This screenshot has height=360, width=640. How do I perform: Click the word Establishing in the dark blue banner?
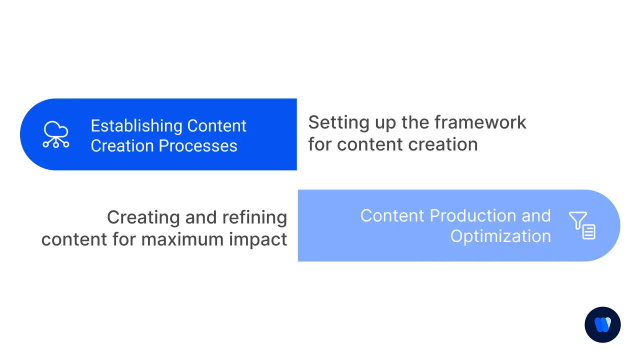pos(135,126)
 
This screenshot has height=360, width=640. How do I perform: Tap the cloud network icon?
pos(56,134)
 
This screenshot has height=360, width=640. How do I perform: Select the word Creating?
pos(143,218)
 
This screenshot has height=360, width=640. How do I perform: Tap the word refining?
pos(254,218)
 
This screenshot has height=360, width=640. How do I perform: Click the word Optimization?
pos(500,236)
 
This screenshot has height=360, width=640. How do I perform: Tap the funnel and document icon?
pos(582,225)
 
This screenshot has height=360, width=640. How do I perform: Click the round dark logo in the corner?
pos(602,324)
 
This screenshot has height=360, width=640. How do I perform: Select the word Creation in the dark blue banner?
pos(122,146)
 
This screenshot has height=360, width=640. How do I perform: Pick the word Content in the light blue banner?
pos(392,216)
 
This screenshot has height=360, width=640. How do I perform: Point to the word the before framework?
pos(416,122)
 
